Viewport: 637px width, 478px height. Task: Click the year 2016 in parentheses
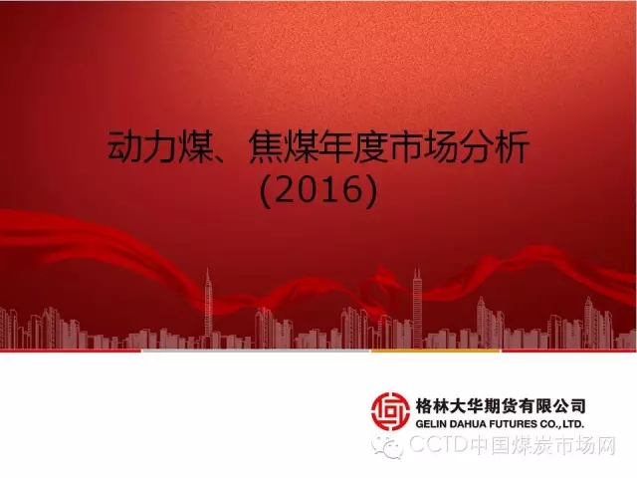tap(318, 190)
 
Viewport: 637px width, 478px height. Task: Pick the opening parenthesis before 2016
tap(266, 190)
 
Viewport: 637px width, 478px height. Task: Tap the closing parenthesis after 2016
tap(371, 190)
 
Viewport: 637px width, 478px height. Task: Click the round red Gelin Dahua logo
tap(390, 410)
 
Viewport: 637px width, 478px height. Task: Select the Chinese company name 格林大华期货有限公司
tap(501, 405)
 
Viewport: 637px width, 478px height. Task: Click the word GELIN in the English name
tap(430, 424)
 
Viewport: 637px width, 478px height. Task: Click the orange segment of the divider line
tap(436, 351)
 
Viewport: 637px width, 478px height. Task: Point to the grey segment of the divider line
tap(256, 351)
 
